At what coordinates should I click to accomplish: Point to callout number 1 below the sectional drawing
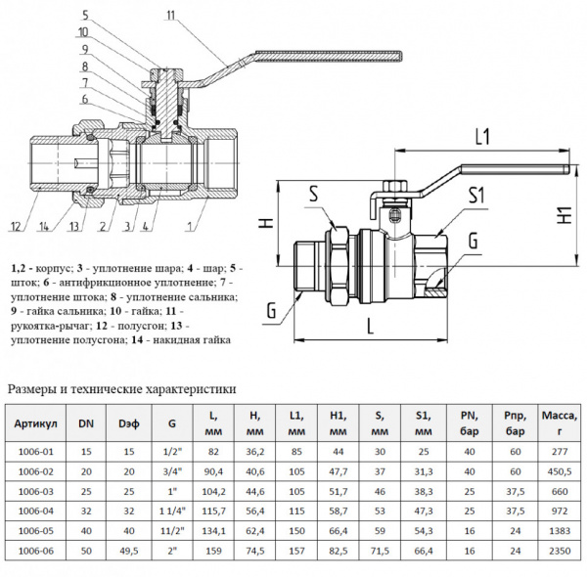coord(186,228)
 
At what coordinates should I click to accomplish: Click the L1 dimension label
coord(481,137)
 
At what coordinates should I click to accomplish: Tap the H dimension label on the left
coord(263,224)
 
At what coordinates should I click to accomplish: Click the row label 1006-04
coord(36,509)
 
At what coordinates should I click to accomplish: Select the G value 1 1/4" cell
coord(173,509)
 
